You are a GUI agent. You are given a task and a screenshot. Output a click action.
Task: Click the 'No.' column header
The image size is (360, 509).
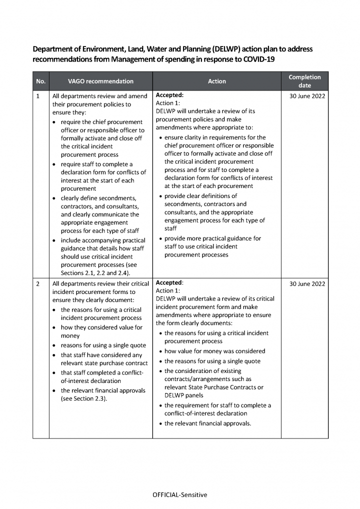(40, 81)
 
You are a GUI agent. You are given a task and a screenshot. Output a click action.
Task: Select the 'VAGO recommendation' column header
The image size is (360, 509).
(100, 81)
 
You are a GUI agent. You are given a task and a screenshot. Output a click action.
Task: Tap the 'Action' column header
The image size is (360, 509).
(216, 81)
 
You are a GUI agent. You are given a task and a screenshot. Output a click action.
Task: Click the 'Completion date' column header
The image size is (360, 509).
(304, 81)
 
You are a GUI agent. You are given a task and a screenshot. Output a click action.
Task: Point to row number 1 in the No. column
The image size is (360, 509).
(38, 96)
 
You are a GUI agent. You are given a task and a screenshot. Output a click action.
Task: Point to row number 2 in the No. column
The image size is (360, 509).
(38, 284)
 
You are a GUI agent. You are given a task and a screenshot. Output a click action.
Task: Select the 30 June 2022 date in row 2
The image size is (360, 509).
(307, 284)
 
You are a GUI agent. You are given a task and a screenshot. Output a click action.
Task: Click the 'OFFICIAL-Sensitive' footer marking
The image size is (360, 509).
(179, 495)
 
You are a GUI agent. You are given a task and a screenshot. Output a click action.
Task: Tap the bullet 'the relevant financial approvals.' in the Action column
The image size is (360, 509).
(207, 423)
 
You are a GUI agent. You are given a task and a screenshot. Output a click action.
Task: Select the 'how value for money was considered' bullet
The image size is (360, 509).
(214, 351)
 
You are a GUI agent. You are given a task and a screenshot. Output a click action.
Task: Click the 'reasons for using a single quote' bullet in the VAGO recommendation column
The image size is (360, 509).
(103, 345)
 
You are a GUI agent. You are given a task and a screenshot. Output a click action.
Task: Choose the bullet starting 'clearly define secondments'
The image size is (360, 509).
(98, 198)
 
